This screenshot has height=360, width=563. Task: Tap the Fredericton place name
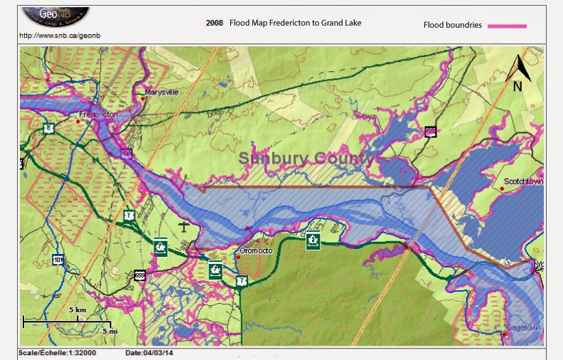coord(98,114)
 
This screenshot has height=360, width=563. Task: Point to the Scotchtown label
coord(523,181)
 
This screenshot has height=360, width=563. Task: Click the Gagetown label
coord(524,328)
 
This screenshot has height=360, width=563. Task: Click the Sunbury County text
coord(305,158)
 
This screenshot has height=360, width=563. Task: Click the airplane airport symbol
coord(185,226)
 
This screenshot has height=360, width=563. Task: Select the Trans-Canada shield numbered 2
coord(312,240)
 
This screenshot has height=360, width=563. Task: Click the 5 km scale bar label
coord(77,311)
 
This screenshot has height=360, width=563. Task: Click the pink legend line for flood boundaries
coord(507,26)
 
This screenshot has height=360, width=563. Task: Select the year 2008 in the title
coord(214,23)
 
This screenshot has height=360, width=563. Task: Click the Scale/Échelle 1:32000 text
coord(57,353)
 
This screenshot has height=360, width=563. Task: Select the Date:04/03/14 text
coord(149,353)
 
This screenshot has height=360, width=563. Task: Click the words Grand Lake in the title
coord(341,23)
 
